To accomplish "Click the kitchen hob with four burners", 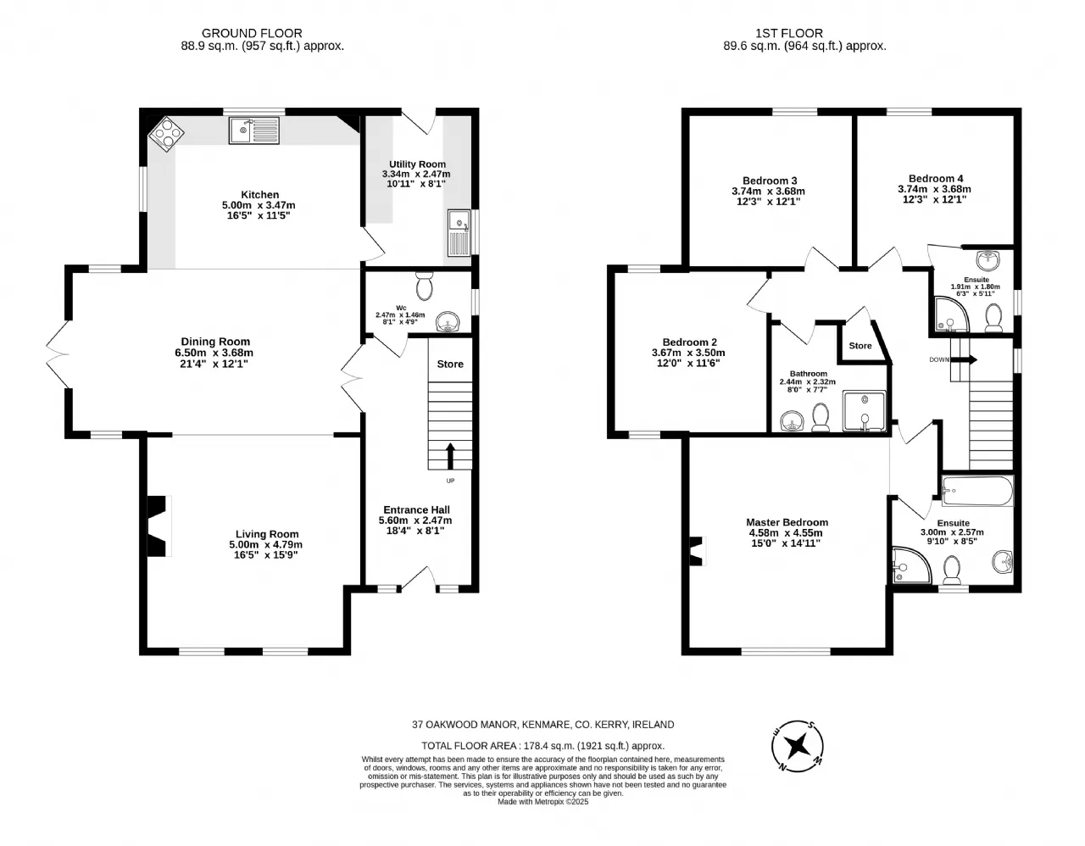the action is pos(167,133).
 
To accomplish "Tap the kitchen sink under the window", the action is pos(254,131).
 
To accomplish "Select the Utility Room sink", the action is pos(459,233).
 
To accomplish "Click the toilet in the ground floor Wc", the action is pos(425,286).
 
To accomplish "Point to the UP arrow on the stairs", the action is pos(450,456).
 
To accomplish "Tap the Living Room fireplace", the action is pos(159,526).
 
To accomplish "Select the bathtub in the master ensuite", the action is pos(977,491).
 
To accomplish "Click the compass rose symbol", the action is pos(798,746).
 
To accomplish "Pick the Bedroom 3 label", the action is pos(770,181).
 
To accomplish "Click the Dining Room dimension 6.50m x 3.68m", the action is pos(214,353).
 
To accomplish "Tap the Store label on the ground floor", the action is pos(450,364).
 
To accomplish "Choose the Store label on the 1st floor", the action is pos(860,345).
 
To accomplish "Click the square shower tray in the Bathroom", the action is pos(865,411).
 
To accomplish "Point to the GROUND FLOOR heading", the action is pos(252,33).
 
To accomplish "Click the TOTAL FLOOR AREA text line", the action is pos(542,746).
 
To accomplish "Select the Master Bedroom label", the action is pos(787,522).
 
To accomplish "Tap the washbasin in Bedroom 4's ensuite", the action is pos(988,259).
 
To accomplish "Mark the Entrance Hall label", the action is pos(416,509).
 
